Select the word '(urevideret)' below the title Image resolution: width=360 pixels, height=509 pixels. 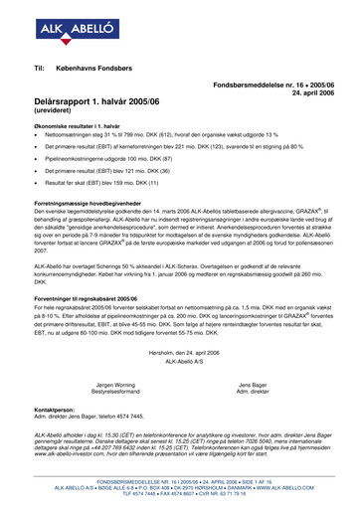(56, 127)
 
